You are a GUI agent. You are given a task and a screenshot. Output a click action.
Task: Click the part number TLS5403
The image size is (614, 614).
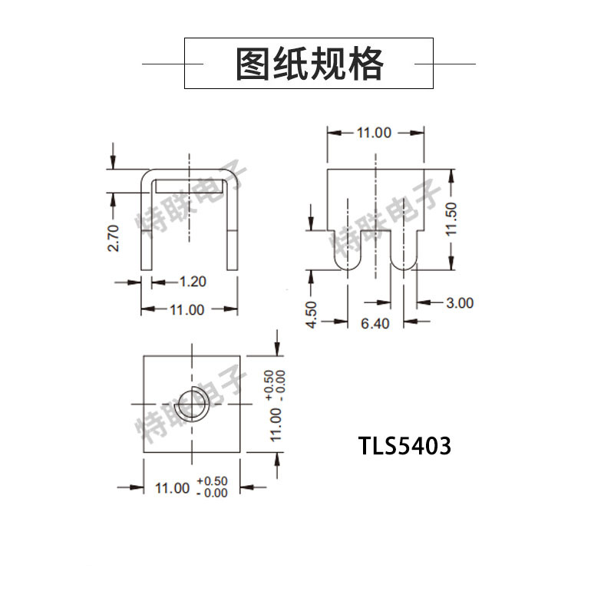click(x=404, y=446)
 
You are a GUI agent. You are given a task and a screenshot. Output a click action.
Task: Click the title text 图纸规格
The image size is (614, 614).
click(x=309, y=64)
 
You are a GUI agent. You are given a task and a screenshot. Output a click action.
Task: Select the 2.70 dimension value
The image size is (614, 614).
click(x=113, y=238)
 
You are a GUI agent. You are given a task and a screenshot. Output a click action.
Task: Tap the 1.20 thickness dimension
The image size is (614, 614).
click(x=193, y=282)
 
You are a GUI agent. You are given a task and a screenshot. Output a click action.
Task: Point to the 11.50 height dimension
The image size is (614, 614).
click(x=451, y=220)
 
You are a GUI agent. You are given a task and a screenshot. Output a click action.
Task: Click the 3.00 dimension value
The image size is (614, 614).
click(x=460, y=302)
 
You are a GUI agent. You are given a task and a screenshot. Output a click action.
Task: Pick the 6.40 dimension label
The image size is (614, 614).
click(x=375, y=323)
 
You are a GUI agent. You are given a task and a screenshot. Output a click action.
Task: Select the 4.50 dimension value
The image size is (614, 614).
click(x=311, y=315)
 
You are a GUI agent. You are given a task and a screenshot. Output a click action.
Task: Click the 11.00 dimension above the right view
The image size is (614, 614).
click(x=374, y=133)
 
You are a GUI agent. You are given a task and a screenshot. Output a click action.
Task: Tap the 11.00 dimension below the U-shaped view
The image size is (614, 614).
click(x=187, y=310)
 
